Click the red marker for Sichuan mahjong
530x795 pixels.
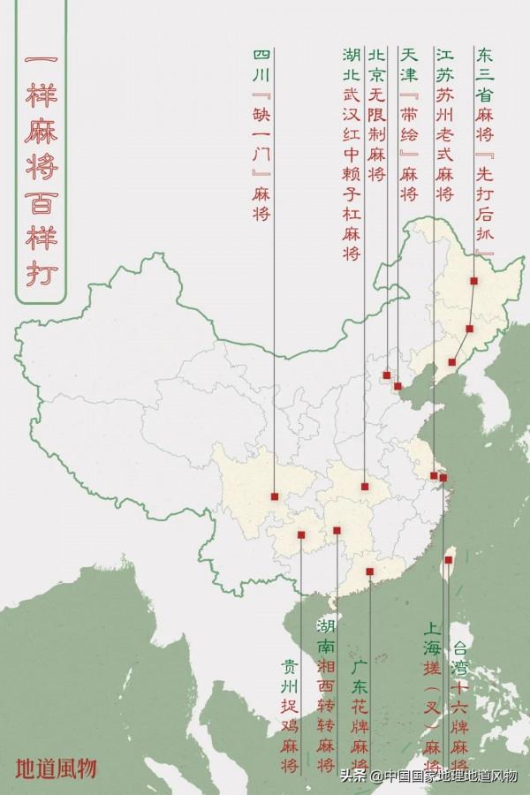pos(276,496)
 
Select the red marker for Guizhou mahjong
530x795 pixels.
pos(301,534)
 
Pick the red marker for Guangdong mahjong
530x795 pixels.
pos(370,572)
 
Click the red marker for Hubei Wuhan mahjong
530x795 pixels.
pos(365,486)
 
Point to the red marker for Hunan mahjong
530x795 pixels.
pos(337,531)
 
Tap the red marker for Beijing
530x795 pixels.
pos(387,375)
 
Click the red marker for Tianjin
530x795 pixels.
pos(397,386)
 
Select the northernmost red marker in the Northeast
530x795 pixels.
pos(474,281)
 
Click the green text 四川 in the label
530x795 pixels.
pos(261,70)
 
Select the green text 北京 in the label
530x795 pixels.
pos(377,70)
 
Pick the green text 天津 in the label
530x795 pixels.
pos(407,70)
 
